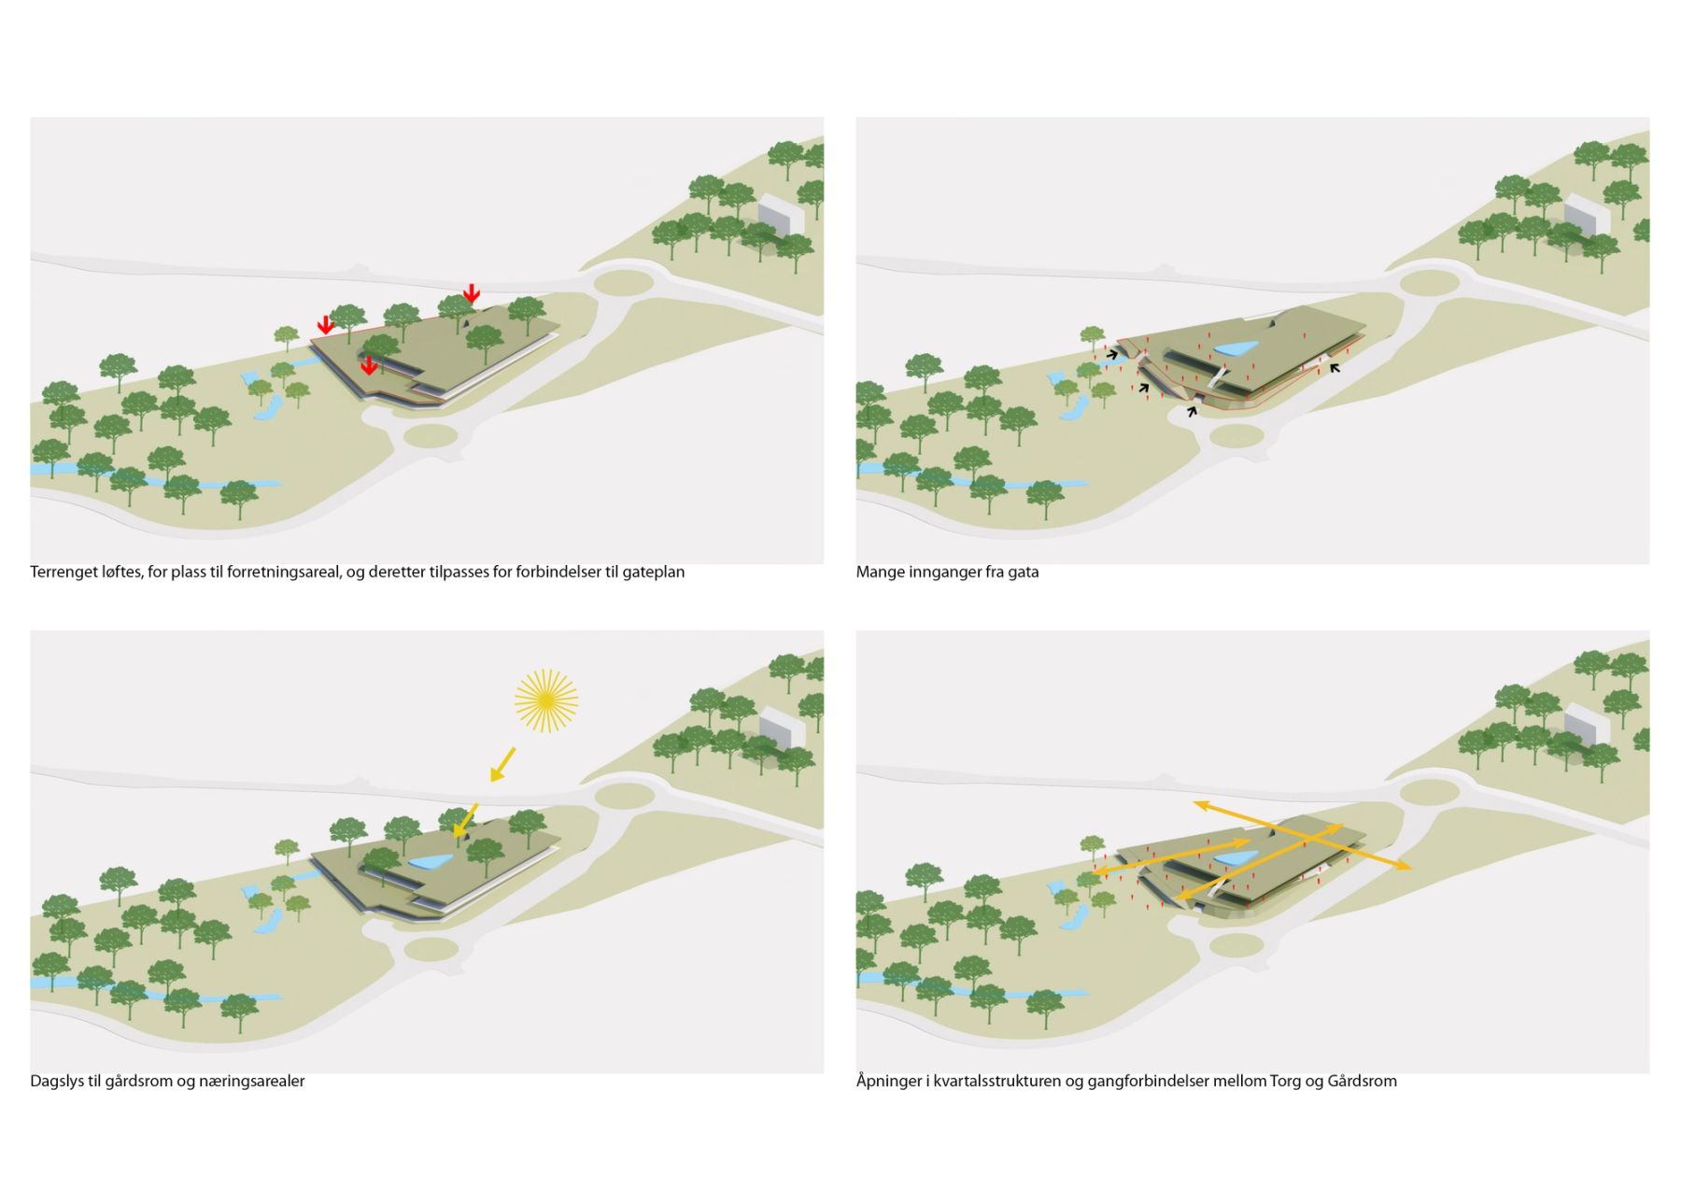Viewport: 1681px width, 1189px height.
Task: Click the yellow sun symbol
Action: coord(546,701)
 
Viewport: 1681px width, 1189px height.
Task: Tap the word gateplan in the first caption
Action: coord(654,572)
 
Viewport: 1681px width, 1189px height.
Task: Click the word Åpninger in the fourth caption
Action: coord(888,1082)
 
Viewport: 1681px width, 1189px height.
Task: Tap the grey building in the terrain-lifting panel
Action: coord(781,215)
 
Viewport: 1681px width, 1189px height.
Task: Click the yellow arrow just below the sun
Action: coord(502,763)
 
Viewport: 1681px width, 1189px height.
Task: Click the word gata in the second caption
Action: coord(1023,572)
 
